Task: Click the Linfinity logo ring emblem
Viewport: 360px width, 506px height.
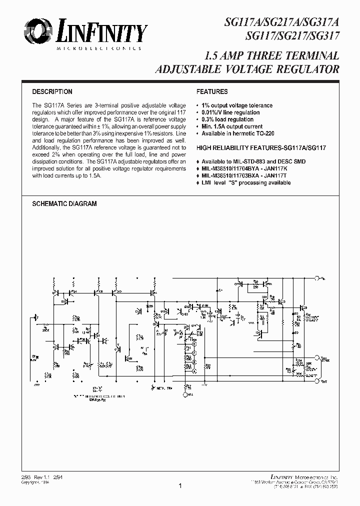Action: pyautogui.click(x=35, y=32)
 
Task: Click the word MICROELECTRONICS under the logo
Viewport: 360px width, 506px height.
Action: pyautogui.click(x=98, y=48)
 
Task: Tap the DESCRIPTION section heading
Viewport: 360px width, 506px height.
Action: pyautogui.click(x=52, y=92)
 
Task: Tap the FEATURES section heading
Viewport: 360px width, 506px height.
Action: pyautogui.click(x=212, y=92)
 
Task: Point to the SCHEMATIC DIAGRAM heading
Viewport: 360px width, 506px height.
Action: pyautogui.click(x=64, y=204)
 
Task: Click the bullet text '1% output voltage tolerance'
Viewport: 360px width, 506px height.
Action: pyautogui.click(x=237, y=105)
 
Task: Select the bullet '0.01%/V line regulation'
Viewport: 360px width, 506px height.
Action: pyautogui.click(x=230, y=112)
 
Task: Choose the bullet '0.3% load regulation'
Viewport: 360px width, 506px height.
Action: pyautogui.click(x=227, y=119)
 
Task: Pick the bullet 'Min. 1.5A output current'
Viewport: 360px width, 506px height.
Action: pyautogui.click(x=232, y=126)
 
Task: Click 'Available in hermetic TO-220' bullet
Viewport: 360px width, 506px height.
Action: pyautogui.click(x=237, y=133)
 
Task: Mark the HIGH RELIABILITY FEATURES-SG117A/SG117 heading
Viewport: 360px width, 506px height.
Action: pyautogui.click(x=261, y=148)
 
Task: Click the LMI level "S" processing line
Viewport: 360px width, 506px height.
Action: pyautogui.click(x=246, y=183)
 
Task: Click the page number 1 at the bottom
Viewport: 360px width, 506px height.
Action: pyautogui.click(x=180, y=485)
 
